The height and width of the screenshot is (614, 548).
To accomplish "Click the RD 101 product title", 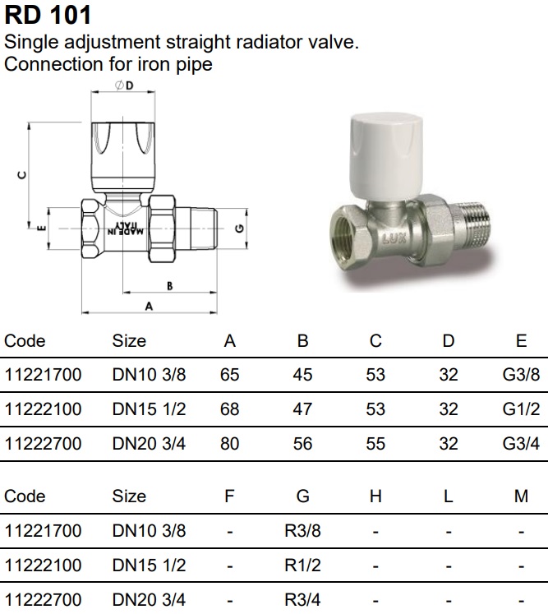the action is [48, 16].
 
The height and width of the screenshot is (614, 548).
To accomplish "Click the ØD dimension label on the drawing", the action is [124, 85].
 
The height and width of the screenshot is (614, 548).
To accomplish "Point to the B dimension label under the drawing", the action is [169, 286].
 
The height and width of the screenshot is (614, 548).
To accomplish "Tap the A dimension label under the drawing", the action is [149, 307].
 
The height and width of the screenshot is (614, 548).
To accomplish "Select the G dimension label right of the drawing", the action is [240, 228].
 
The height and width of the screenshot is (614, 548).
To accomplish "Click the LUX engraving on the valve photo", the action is [394, 238].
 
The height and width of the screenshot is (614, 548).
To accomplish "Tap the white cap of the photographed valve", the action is [386, 154].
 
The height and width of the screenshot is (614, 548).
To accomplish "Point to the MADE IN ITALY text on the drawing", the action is [125, 229].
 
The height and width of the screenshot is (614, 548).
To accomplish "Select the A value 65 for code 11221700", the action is [230, 375].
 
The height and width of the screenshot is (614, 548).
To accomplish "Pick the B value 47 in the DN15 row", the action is [302, 409].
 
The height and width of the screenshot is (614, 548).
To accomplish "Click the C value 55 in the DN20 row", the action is [375, 444].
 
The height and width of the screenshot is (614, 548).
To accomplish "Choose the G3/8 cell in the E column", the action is [521, 375].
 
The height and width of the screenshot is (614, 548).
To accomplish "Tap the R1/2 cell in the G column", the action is [302, 566].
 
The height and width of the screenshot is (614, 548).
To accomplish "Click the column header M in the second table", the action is [521, 496].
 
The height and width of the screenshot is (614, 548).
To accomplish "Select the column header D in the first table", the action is [449, 340].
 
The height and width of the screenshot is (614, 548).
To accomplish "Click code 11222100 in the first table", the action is [43, 409].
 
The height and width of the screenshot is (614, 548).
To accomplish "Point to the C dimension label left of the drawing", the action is [22, 175].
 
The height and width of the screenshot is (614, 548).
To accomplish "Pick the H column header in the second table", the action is [375, 496].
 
